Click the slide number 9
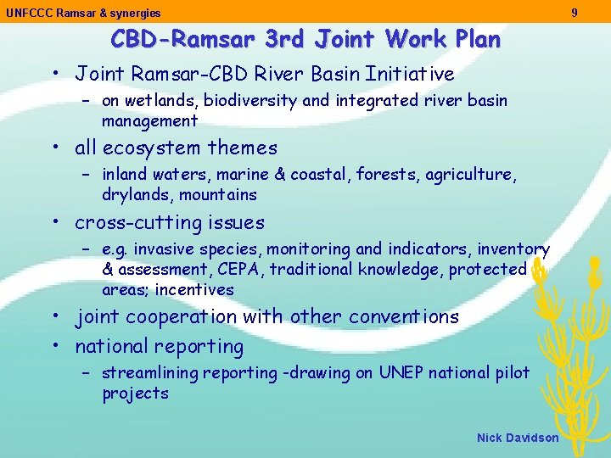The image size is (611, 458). [x=575, y=13]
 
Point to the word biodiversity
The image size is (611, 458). [x=253, y=101]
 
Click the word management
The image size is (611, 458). [x=150, y=121]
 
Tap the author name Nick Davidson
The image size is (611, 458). [x=518, y=438]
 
